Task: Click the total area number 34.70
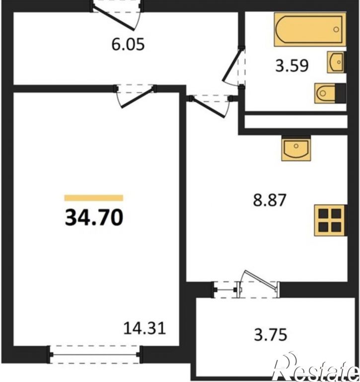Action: coord(94,218)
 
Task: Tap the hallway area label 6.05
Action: coord(128,45)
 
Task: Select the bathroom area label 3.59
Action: coord(292,66)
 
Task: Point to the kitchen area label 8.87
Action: coord(269,200)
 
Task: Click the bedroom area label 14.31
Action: coord(144,328)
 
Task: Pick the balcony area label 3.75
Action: coord(271,334)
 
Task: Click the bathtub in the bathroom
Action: coord(310,29)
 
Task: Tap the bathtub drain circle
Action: coord(336,29)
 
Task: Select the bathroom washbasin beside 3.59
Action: coord(336,62)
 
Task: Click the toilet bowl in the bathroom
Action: coord(325,93)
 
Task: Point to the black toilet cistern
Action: coord(341,93)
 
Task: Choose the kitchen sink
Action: coord(296,149)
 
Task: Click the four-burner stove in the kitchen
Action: coord(330,221)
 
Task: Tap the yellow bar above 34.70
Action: coord(94,198)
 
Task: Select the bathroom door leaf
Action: coord(231,65)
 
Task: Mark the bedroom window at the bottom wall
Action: coord(94,355)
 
